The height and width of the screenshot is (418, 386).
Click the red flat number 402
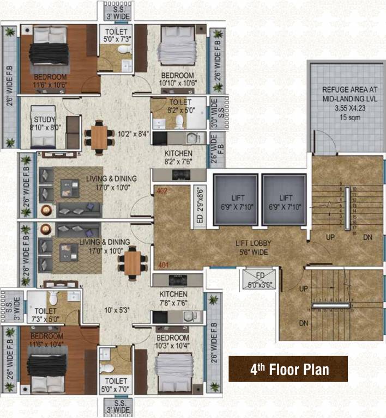[161, 191]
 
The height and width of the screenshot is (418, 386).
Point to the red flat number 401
[161, 266]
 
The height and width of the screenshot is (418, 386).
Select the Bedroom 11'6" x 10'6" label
[51, 80]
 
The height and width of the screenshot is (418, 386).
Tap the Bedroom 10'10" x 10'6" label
[178, 79]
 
